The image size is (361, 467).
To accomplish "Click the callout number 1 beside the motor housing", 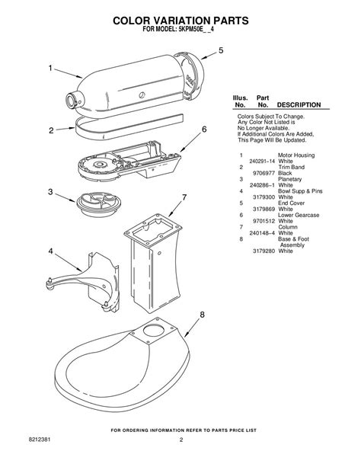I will click(51, 68).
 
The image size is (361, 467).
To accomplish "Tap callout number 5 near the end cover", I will click(221, 50).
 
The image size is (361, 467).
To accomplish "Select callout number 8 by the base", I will click(202, 315).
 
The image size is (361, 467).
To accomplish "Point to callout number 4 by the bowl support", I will click(50, 251).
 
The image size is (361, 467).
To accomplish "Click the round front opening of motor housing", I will click(74, 99).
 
